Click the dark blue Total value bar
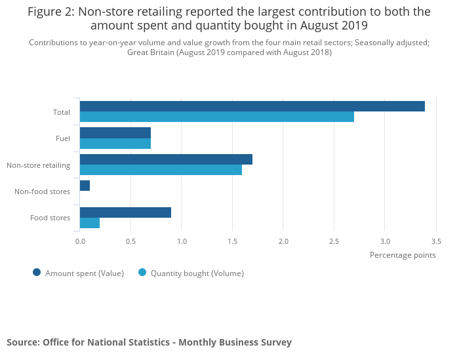point(252,106)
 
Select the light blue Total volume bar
point(216,117)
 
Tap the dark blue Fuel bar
point(115,132)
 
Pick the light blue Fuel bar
point(115,143)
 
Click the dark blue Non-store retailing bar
point(166,159)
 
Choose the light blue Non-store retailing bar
point(161,170)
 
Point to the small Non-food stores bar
point(85,186)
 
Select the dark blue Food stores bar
point(125,212)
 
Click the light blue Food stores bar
point(90,223)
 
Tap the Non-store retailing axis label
point(38,165)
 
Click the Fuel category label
point(63,138)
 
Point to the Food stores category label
point(50,218)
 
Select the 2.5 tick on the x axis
point(334,241)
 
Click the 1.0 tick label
point(182,241)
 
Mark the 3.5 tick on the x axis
point(436,241)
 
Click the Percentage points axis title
point(403,255)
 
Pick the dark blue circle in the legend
point(37,273)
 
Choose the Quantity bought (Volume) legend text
point(197,273)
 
